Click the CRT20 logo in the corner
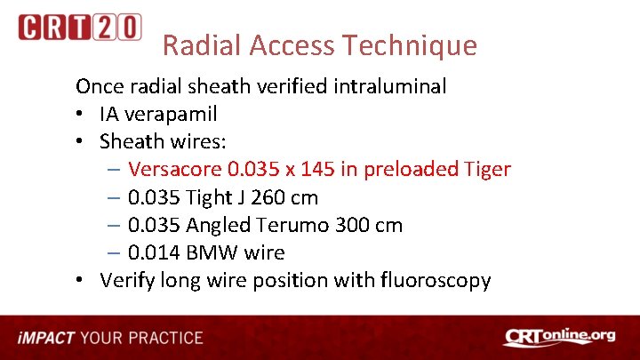79,28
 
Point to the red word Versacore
174,169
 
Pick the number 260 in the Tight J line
262,196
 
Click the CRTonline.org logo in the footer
559,337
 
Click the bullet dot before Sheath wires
81,141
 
